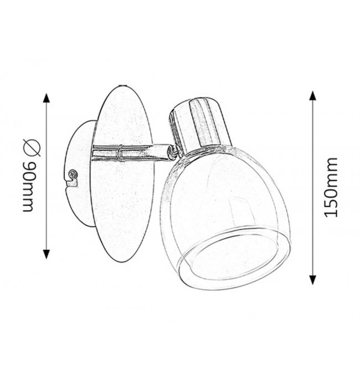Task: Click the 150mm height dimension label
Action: point(331,187)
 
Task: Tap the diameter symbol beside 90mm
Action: point(32,148)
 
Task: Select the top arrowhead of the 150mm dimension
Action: point(312,96)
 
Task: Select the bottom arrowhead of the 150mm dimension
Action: point(312,279)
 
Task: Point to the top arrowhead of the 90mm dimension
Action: point(47,98)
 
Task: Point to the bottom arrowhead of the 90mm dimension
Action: point(47,254)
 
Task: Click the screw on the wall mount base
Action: point(73,174)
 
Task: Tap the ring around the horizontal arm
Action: point(120,153)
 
